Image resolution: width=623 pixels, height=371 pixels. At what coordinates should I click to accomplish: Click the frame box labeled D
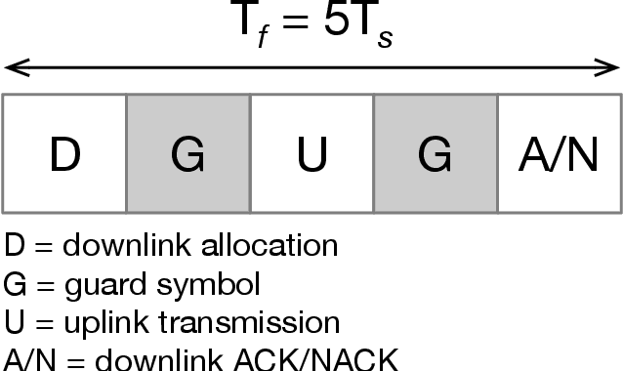(64, 153)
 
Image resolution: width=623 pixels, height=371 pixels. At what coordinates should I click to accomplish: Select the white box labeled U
(311, 153)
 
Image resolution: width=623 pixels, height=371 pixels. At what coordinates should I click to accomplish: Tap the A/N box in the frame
(560, 153)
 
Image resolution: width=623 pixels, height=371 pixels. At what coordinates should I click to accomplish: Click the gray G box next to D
(188, 153)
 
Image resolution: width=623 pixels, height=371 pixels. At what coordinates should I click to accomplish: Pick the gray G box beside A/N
(436, 153)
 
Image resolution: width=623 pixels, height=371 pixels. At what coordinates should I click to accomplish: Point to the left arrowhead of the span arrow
(10, 68)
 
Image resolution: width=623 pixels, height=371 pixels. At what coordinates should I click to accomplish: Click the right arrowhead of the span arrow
(612, 68)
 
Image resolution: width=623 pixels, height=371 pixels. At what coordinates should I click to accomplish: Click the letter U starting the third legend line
(13, 321)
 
